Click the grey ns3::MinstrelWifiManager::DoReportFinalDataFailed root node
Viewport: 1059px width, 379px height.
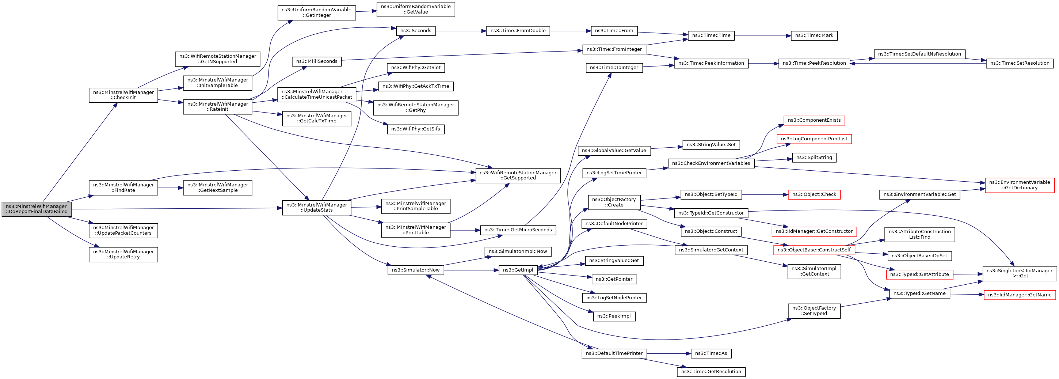pos(37,209)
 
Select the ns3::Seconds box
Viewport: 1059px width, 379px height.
pos(416,31)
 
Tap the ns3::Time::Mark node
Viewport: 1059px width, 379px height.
pos(814,36)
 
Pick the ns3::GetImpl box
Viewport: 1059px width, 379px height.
pos(518,270)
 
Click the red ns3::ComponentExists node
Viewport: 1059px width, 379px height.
pos(814,121)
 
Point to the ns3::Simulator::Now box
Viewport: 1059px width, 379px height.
pos(416,270)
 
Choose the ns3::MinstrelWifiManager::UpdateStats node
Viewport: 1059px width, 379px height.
pos(317,207)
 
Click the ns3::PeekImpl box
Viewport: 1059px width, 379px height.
pos(614,316)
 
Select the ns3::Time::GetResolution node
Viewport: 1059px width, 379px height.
pos(711,372)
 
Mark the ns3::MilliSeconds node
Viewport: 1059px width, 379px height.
pos(317,61)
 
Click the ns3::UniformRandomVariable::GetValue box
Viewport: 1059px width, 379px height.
pos(416,10)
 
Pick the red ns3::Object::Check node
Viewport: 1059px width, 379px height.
pos(814,194)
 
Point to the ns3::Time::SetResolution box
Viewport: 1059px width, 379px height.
pos(1020,63)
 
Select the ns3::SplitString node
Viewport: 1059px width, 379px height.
pos(814,158)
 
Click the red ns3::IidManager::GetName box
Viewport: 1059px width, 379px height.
pos(1020,295)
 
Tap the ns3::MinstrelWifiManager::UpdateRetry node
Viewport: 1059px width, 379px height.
pos(123,254)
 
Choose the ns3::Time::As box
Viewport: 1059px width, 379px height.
pos(711,353)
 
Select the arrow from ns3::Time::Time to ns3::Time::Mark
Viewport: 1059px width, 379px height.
pos(763,36)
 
